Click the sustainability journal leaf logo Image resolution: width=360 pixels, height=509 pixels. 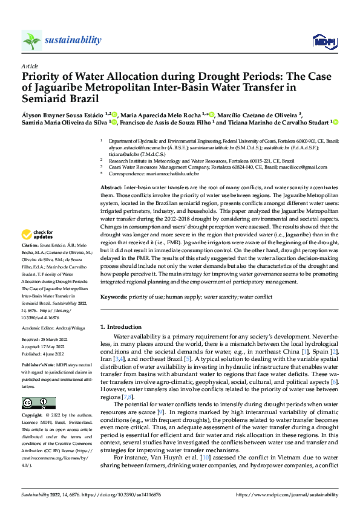[x=31, y=41]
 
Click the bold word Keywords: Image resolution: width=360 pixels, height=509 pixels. [x=114, y=297]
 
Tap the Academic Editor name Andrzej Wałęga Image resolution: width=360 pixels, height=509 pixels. [x=71, y=327]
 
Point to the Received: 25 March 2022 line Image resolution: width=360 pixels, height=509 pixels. [x=47, y=341]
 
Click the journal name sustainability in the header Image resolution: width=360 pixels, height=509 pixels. [x=73, y=40]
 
